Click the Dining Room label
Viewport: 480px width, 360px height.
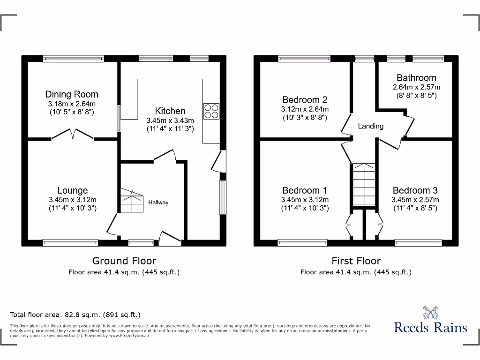[72, 94]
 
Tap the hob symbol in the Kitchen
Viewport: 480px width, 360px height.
[211, 110]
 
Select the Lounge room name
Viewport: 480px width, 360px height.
[73, 190]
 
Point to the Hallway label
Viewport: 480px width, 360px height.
[158, 202]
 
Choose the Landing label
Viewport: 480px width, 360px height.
[371, 126]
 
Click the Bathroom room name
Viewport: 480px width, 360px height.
[416, 78]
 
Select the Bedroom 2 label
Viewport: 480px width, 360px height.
[305, 99]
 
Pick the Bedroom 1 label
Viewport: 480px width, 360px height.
[305, 190]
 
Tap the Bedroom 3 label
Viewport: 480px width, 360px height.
[415, 190]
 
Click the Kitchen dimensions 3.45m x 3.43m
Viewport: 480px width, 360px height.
[170, 120]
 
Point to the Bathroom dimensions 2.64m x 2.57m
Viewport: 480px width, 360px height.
[416, 87]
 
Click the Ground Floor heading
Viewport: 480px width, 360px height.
[124, 261]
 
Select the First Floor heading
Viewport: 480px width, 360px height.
[356, 261]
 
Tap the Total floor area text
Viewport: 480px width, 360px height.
[75, 315]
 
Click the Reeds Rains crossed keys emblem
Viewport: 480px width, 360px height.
[430, 313]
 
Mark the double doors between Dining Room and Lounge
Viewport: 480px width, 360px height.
[73, 135]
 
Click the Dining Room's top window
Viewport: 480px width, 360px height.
[73, 59]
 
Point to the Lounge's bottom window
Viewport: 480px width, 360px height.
[70, 242]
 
